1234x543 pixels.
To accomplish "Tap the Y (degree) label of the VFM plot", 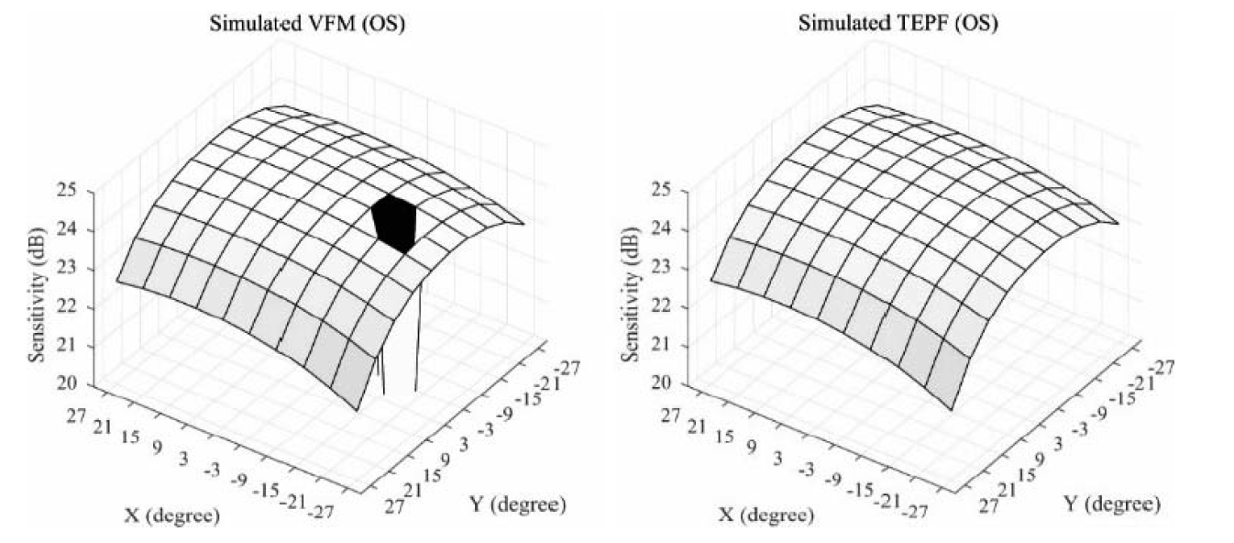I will tap(519, 504).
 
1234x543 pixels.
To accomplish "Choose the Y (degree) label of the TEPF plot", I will tap(1114, 504).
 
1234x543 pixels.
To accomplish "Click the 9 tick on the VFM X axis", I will tap(157, 448).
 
